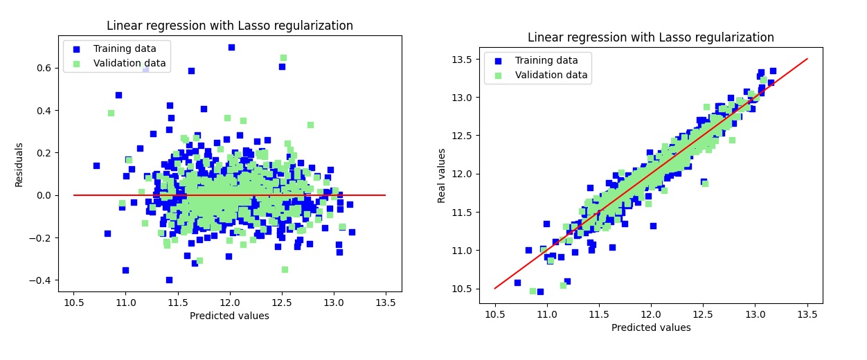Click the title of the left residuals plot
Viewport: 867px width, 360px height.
click(229, 26)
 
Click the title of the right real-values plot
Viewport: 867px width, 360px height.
click(650, 37)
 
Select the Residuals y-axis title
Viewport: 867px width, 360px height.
click(19, 165)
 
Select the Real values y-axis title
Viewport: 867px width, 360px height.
click(441, 175)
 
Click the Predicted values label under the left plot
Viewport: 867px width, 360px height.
click(229, 316)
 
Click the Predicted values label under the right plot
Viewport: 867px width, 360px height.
click(650, 327)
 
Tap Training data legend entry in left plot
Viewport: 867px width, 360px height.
click(125, 48)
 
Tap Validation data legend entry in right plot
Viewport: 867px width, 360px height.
click(551, 75)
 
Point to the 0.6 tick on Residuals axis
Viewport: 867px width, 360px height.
click(44, 68)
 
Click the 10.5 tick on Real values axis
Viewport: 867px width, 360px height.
click(462, 288)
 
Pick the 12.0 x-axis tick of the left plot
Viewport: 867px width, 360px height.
click(229, 303)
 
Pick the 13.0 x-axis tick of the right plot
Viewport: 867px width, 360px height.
click(755, 314)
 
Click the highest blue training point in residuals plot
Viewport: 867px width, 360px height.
click(231, 47)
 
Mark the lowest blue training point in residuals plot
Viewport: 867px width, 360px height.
click(169, 280)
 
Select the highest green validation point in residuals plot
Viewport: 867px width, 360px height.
click(283, 57)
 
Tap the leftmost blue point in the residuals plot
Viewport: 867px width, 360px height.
click(96, 165)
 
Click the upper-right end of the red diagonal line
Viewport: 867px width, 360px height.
click(807, 59)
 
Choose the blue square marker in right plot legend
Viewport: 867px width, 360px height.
click(498, 60)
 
